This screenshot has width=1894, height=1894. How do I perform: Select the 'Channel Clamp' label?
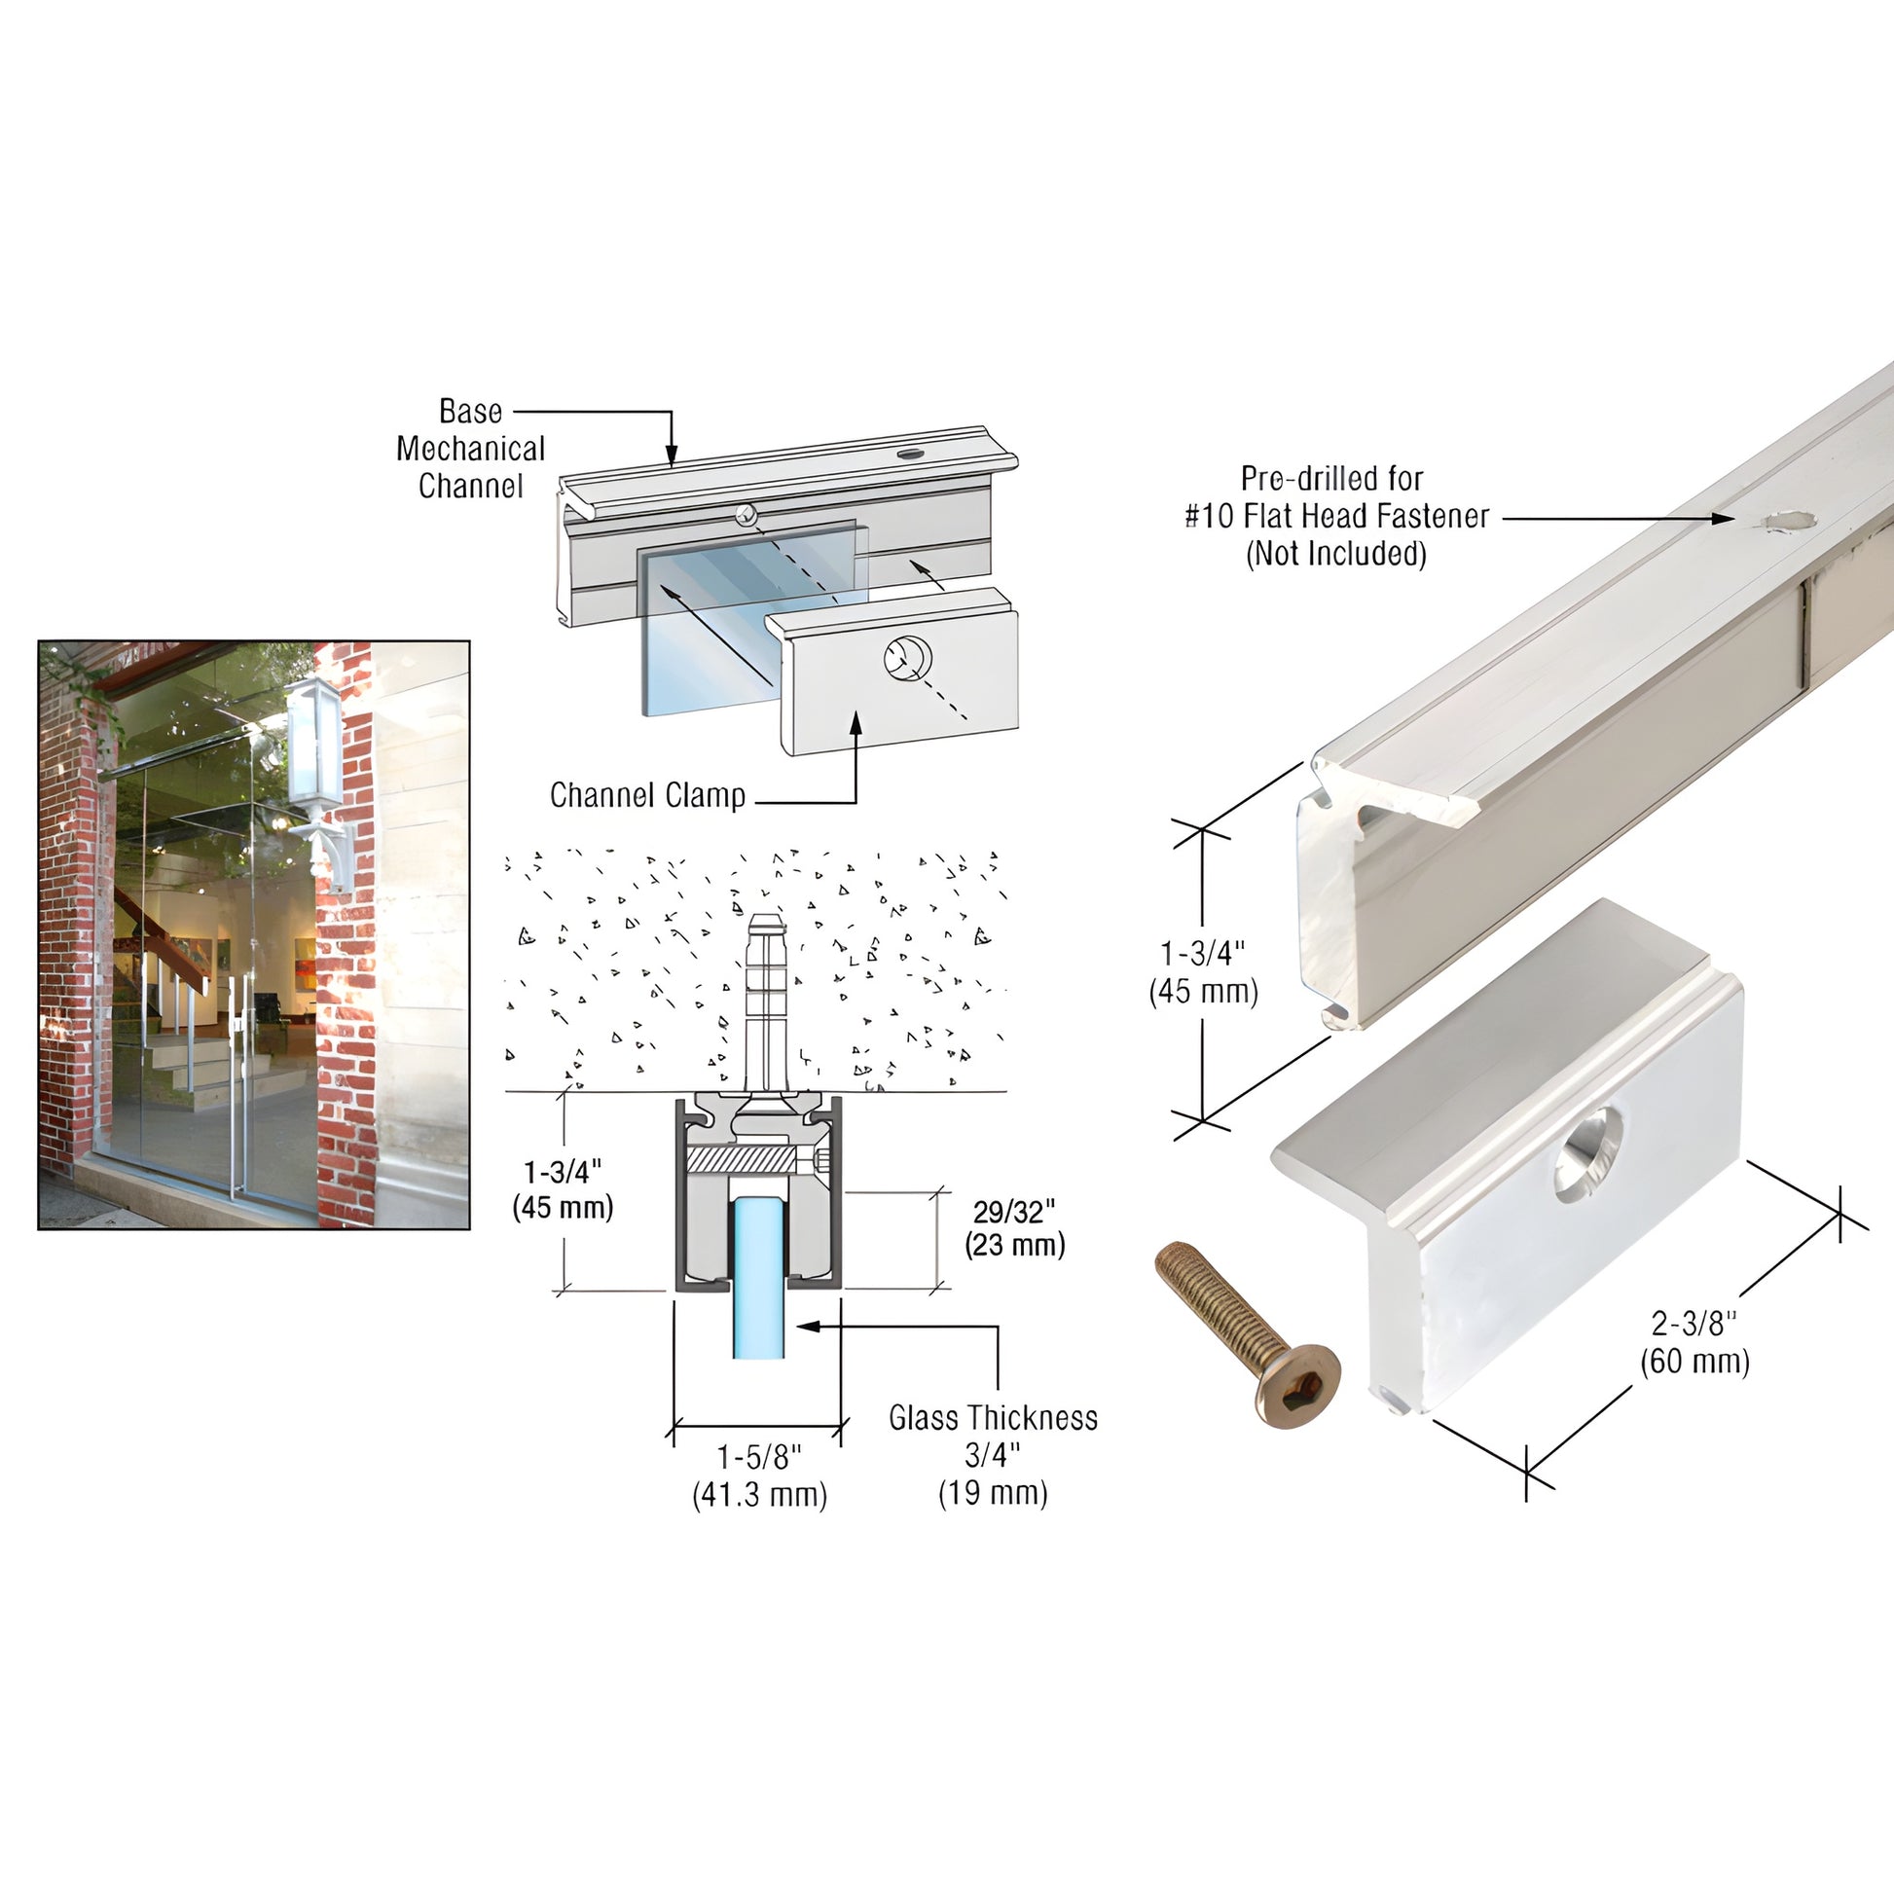pyautogui.click(x=647, y=795)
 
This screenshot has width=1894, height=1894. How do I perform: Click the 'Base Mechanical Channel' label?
pyautogui.click(x=470, y=448)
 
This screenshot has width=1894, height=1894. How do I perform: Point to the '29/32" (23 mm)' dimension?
pyautogui.click(x=1014, y=1228)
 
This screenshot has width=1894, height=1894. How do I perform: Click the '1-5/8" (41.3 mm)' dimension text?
pyautogui.click(x=760, y=1476)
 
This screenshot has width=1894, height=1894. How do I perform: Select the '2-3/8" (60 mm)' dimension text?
pyautogui.click(x=1695, y=1343)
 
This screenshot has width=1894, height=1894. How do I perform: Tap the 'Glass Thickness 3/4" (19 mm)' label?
pyautogui.click(x=993, y=1456)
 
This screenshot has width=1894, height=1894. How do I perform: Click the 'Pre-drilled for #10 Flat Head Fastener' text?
pyautogui.click(x=1336, y=497)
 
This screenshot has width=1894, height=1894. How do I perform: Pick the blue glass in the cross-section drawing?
pyautogui.click(x=758, y=1275)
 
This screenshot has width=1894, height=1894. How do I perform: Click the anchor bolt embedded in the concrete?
pyautogui.click(x=765, y=1000)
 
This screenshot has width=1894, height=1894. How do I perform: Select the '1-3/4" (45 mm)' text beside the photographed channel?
pyautogui.click(x=1203, y=972)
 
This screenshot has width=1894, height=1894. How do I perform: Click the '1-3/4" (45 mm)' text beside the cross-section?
pyautogui.click(x=563, y=1189)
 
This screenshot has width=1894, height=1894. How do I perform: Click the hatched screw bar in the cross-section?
pyautogui.click(x=743, y=1161)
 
